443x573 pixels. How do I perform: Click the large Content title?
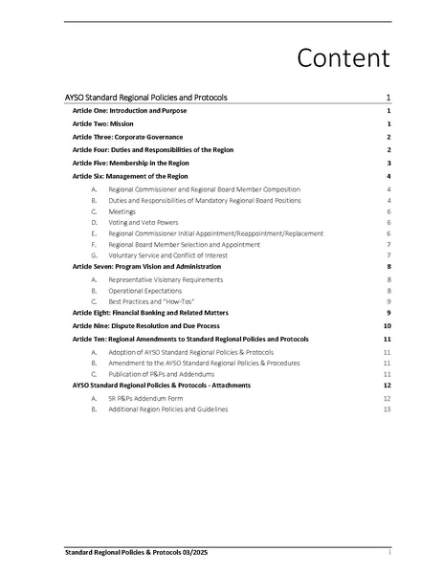pos(343,57)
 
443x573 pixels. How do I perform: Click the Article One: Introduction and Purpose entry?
pos(127,112)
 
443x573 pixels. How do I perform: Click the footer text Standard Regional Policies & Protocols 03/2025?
pos(134,553)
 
